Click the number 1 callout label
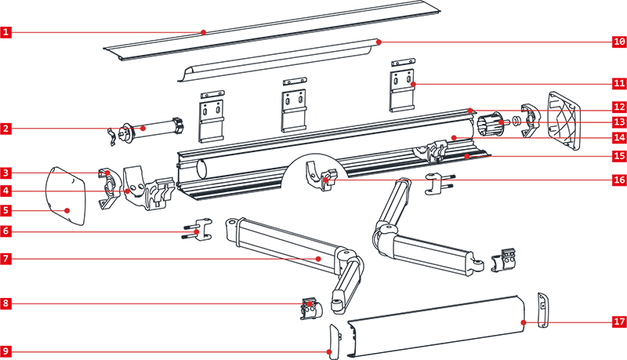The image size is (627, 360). point(5,32)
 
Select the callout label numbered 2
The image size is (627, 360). point(5,128)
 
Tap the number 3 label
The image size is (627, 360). point(5,173)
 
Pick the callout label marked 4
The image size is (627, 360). point(5,191)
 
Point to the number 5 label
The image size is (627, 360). point(5,210)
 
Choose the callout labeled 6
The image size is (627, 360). point(5,231)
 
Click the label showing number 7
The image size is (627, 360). point(5,259)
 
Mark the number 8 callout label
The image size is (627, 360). point(5,304)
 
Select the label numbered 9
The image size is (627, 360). point(5,351)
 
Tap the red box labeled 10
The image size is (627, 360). point(618,42)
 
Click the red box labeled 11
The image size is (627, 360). point(618,83)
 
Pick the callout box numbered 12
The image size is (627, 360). point(618,107)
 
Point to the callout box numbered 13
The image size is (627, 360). point(618,122)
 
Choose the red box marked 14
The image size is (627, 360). point(618,137)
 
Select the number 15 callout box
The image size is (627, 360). point(618,156)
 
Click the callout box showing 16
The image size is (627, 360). point(618,180)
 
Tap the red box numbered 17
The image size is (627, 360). point(618,322)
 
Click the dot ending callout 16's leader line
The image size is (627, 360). point(326,180)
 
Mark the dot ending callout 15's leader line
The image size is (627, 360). point(466,156)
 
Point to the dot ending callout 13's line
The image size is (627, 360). point(501,122)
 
